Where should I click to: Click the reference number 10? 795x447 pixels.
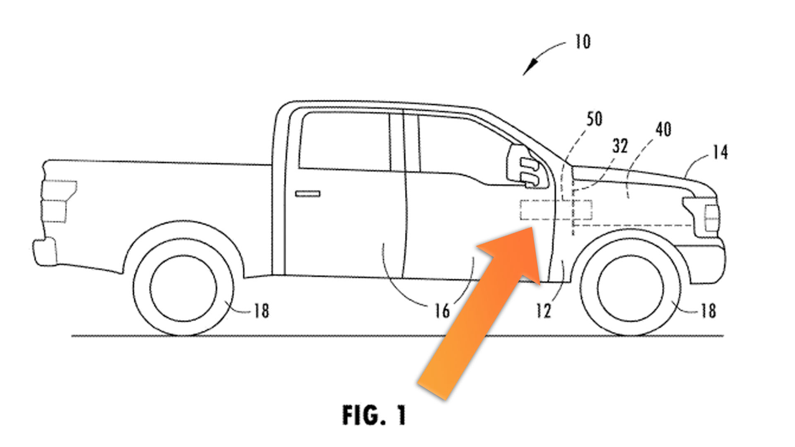[x=582, y=42]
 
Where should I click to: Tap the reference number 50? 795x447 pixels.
[x=594, y=119]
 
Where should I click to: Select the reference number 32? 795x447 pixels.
[x=620, y=146]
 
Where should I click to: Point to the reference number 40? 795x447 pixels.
[x=663, y=130]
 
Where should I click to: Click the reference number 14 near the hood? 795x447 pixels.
[x=720, y=152]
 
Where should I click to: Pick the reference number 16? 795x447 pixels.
[x=441, y=310]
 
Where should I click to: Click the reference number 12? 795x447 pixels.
[x=543, y=310]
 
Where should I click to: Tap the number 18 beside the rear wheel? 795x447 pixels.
[x=261, y=310]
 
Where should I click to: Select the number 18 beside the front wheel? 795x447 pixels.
[x=708, y=310]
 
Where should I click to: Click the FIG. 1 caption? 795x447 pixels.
[x=374, y=415]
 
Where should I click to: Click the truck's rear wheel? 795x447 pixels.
[x=183, y=288]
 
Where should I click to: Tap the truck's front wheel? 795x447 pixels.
[x=630, y=288]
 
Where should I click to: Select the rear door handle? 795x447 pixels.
[x=308, y=194]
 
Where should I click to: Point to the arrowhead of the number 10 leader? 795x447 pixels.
[x=528, y=70]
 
